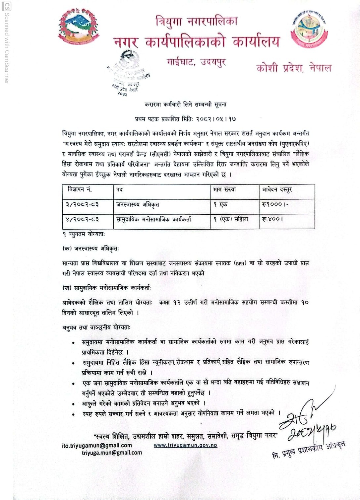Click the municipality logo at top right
coord(309,30)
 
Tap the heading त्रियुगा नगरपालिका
coord(196,22)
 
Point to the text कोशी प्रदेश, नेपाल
coord(294,68)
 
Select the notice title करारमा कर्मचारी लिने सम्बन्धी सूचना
coord(185,105)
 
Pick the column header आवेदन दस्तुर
coord(277,189)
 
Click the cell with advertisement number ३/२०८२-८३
coord(82,204)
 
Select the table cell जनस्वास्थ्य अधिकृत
coord(138,204)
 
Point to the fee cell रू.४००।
coord(272,219)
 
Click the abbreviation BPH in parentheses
coord(240,263)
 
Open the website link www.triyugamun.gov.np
coord(185,445)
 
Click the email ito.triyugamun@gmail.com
coord(97,446)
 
